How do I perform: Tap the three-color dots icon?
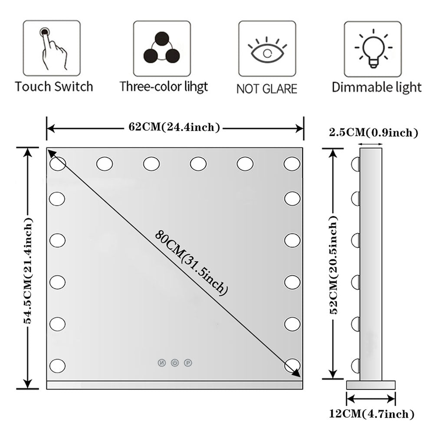(x=162, y=48)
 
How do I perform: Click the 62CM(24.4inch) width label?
(x=174, y=127)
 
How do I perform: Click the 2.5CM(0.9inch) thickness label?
(x=373, y=132)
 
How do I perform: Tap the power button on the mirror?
(x=174, y=362)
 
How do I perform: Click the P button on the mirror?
(x=188, y=362)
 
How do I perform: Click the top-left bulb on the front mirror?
(x=58, y=164)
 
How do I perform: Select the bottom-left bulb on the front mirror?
(x=58, y=365)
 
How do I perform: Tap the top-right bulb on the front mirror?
(x=292, y=164)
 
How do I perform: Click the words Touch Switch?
(x=54, y=86)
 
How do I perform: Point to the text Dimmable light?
(x=376, y=87)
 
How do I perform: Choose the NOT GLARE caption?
(x=267, y=89)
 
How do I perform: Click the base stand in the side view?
(x=371, y=385)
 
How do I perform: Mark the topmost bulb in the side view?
(x=356, y=164)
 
